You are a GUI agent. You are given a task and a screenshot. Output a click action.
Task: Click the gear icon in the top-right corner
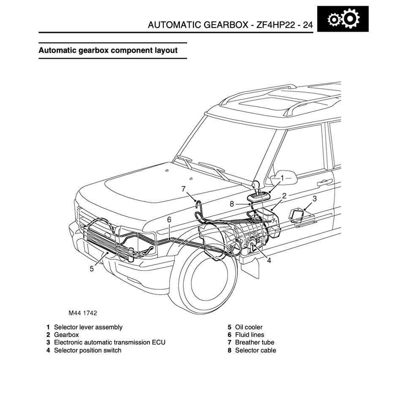coord(343,19)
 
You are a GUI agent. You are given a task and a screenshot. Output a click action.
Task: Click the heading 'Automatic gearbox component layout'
coord(108,50)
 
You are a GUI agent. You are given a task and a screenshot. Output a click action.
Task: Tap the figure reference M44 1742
coord(83,313)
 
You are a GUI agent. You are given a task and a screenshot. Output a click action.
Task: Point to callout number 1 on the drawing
coord(282,178)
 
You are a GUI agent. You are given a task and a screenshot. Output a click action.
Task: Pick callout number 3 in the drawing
coord(315,198)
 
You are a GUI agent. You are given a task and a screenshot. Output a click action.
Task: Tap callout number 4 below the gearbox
coord(269,261)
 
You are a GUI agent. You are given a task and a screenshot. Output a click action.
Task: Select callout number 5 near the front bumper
coord(92,269)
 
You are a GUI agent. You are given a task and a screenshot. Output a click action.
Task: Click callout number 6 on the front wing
coord(169,220)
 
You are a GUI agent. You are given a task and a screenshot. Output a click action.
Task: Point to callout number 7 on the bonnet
coord(183,189)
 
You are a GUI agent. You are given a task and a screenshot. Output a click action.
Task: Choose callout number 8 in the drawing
coord(232,204)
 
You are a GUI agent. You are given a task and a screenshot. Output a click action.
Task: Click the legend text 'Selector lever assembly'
coord(88,327)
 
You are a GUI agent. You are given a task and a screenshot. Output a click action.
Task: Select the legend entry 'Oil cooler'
coord(249,327)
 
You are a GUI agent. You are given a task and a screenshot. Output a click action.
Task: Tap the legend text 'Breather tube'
coord(255,342)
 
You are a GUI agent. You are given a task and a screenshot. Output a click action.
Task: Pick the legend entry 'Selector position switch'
coord(88,350)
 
